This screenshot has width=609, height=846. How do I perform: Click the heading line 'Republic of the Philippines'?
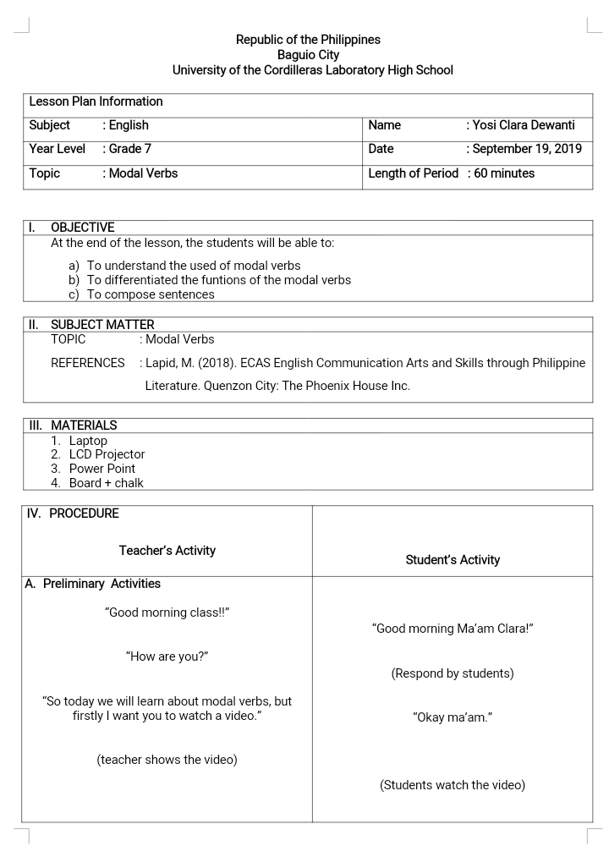click(x=308, y=40)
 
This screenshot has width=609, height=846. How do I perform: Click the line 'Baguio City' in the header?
click(x=308, y=55)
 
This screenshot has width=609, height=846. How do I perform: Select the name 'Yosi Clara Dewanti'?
click(x=524, y=125)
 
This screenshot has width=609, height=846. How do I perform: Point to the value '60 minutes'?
click(x=504, y=173)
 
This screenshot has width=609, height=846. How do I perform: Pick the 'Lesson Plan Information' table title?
click(x=96, y=102)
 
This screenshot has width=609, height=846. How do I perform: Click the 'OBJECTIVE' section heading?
click(x=82, y=228)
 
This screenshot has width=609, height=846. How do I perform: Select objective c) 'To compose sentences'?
click(x=151, y=294)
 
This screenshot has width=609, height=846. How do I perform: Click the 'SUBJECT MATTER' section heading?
click(x=102, y=325)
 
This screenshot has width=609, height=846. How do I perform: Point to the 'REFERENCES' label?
click(x=87, y=363)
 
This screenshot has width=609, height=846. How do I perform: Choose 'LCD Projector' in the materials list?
click(x=107, y=454)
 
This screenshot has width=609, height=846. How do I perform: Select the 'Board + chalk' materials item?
click(x=106, y=483)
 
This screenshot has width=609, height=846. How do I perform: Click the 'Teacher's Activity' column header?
click(x=167, y=551)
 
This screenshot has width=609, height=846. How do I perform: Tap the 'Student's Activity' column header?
click(x=453, y=560)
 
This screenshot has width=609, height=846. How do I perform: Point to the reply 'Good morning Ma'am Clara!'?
click(x=453, y=629)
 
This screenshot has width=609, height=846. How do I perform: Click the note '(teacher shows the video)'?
click(x=167, y=760)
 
